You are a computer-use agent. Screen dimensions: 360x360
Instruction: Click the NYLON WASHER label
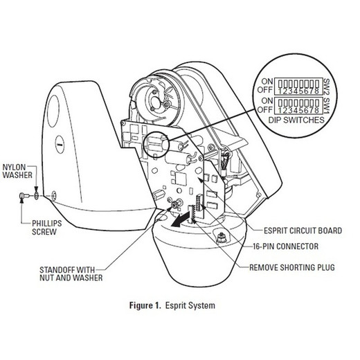[17, 171]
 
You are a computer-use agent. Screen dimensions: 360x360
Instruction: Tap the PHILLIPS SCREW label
[47, 227]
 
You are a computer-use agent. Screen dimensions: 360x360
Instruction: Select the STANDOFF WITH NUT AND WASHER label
[71, 273]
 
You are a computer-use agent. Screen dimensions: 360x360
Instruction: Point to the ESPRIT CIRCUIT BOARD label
[303, 231]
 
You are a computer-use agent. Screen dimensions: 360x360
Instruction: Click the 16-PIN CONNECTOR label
[286, 246]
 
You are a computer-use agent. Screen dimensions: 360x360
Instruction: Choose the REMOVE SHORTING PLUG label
[292, 267]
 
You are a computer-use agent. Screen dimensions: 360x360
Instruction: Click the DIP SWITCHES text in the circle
[296, 120]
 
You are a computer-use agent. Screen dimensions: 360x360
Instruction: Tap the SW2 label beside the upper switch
[327, 87]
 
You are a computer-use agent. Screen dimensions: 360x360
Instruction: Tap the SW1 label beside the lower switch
[327, 106]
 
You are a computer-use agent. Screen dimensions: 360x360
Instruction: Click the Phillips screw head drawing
[23, 196]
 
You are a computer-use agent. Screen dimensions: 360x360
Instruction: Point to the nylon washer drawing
[36, 196]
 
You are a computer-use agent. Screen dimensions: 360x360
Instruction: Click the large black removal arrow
[181, 219]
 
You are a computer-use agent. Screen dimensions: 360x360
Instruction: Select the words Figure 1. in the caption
[145, 305]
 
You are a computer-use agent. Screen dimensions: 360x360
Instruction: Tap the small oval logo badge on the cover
[60, 144]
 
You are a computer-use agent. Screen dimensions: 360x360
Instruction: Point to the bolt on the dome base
[221, 237]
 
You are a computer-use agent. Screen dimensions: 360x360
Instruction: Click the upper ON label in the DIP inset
[267, 81]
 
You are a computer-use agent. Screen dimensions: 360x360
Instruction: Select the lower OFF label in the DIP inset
[265, 109]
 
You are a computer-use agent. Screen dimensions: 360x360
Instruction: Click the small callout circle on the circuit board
[156, 145]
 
